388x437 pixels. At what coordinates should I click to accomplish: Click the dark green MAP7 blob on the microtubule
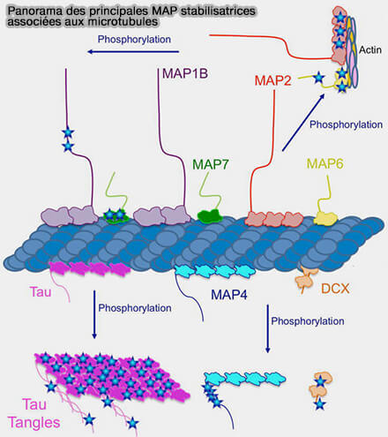(209, 215)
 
